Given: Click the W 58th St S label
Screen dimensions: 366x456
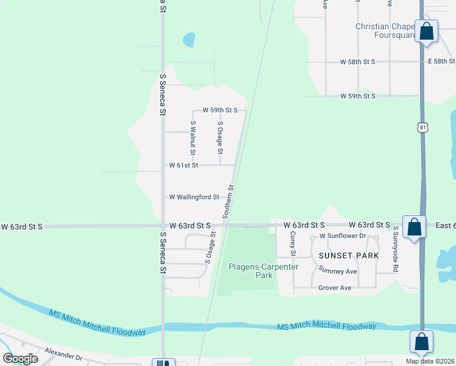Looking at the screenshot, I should [x=358, y=62].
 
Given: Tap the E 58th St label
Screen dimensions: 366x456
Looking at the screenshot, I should [x=441, y=62].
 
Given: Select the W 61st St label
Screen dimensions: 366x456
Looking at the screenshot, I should [x=183, y=165].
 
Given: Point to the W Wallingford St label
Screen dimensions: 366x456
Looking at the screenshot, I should [x=194, y=197].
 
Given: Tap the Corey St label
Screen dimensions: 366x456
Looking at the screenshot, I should [x=293, y=244].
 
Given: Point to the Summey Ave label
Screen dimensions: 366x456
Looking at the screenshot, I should [x=337, y=271].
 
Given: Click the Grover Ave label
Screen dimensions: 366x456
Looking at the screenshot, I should [x=335, y=287].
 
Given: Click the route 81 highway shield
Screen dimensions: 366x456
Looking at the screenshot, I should [x=423, y=127].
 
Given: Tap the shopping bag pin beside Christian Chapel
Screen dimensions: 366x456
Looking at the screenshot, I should [x=426, y=31].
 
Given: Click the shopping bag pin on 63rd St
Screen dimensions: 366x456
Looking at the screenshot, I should [x=414, y=228].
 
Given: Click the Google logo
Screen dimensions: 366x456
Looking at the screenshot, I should [x=21, y=358].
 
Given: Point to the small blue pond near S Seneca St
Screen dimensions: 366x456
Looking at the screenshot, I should [x=189, y=40].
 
